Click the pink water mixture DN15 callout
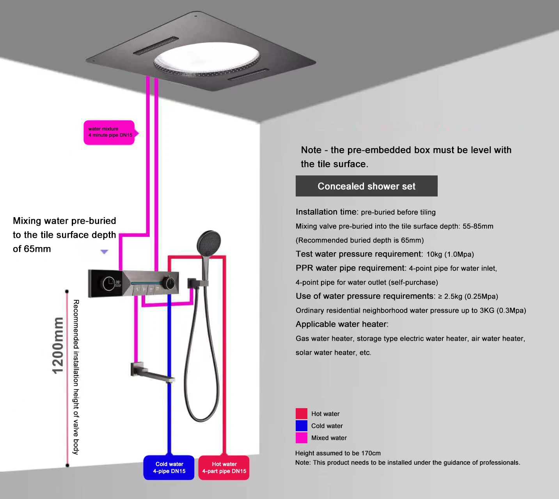pos(109,133)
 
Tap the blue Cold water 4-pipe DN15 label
pos(169,467)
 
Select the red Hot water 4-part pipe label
pos(224,467)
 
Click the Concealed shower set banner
pos(366,186)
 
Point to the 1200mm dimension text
pos(58,345)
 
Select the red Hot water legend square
pos(301,414)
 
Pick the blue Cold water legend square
pos(301,426)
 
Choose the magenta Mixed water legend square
pos(301,438)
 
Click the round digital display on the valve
pos(109,283)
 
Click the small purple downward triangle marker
pos(104,252)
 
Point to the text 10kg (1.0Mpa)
pos(450,255)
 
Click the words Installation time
pos(327,212)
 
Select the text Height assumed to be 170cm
pos(338,453)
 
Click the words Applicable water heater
pos(342,324)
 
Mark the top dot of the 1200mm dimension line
pos(67,292)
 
